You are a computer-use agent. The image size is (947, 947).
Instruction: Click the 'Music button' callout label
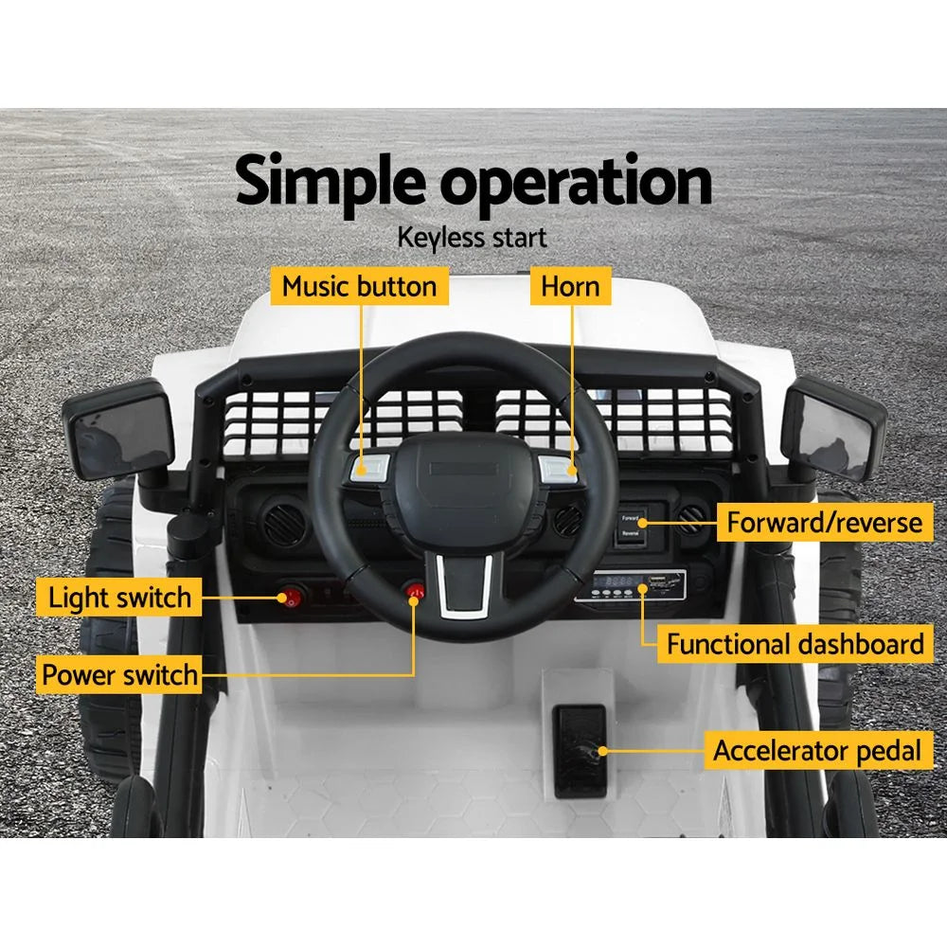(x=360, y=286)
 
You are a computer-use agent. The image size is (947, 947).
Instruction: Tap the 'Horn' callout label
(x=570, y=286)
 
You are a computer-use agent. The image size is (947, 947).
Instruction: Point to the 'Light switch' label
(x=119, y=598)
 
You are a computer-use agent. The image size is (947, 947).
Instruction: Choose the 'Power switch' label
(x=119, y=675)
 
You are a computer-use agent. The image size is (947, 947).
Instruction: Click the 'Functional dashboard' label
(x=795, y=645)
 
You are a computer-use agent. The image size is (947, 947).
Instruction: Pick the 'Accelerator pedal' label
(x=816, y=751)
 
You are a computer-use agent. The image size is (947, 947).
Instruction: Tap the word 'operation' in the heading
(x=577, y=185)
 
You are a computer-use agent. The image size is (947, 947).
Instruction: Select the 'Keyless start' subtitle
(x=472, y=237)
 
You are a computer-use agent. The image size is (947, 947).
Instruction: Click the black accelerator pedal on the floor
(x=579, y=748)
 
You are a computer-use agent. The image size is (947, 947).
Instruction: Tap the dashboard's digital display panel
(x=629, y=584)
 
